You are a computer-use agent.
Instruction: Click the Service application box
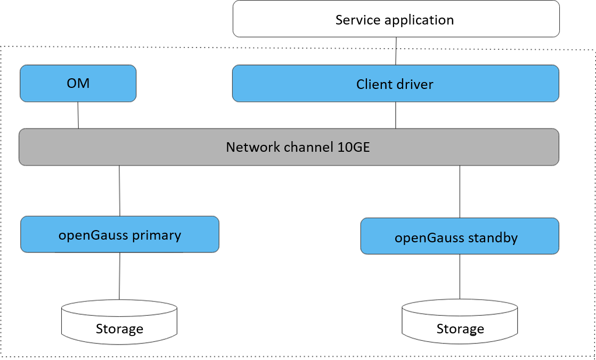pos(396,19)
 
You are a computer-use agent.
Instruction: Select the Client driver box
pos(395,84)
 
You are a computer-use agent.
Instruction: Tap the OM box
pos(78,84)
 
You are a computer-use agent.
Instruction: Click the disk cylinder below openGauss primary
pos(119,320)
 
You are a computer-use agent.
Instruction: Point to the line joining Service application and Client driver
pos(396,51)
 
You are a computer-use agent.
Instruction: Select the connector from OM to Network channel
pos(78,115)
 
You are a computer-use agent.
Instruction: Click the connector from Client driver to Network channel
pos(396,115)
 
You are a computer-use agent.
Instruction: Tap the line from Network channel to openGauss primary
pos(119,191)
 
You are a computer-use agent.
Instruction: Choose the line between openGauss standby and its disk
pos(460,277)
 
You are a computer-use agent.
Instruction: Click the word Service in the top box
pos(357,20)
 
